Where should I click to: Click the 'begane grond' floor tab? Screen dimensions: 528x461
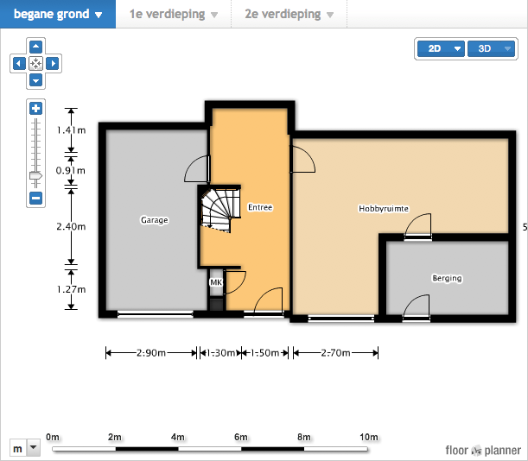point(58,14)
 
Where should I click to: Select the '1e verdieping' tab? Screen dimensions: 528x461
point(174,14)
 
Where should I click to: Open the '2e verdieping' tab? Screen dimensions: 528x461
point(289,14)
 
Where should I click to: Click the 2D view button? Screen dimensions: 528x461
point(441,49)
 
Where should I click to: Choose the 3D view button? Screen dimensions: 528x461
point(492,49)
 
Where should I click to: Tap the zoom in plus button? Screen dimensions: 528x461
point(36,109)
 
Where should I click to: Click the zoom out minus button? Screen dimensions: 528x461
point(36,198)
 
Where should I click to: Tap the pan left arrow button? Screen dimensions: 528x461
point(19,63)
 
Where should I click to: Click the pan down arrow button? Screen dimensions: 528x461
point(36,80)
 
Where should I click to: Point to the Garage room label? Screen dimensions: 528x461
point(154,220)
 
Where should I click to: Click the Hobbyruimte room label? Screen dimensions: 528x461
point(384,209)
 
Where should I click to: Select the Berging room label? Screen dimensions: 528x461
point(447,278)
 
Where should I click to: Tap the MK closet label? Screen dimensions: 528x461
point(216,282)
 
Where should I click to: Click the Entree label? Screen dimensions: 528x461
point(260,207)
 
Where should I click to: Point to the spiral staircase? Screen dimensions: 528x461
point(220,210)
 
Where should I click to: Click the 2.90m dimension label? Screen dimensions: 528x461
point(151,353)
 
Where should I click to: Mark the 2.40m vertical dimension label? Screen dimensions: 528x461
point(71,226)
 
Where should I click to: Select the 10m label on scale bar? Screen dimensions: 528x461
point(369,437)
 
